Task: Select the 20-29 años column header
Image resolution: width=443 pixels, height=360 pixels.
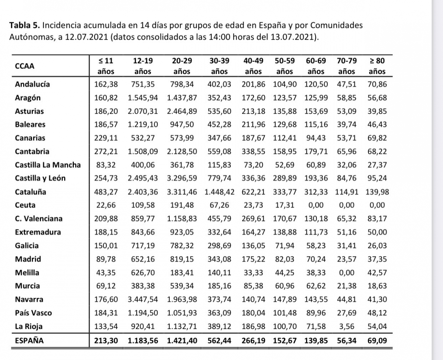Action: coord(182,66)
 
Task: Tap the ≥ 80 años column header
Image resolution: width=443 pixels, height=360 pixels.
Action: coord(377,66)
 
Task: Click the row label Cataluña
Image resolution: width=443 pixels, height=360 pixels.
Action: coord(31,192)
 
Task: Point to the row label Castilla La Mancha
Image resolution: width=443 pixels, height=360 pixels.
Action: coord(48,165)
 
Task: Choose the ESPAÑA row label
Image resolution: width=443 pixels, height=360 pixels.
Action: coord(29,340)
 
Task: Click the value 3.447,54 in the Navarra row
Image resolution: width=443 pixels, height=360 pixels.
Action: coord(143,300)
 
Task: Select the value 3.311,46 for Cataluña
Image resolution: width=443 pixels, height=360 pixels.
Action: coord(182,192)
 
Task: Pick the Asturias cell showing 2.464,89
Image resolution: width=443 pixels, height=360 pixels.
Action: coord(182,111)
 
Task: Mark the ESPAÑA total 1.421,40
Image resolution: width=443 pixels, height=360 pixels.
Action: coord(182,340)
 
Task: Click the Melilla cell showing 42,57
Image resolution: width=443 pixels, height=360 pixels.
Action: coord(377,273)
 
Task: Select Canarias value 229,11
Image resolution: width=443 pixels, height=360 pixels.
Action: coord(106,138)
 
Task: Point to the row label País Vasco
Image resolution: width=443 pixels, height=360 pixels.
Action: coord(33,313)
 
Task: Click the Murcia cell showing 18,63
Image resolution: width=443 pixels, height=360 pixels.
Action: coord(377,286)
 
